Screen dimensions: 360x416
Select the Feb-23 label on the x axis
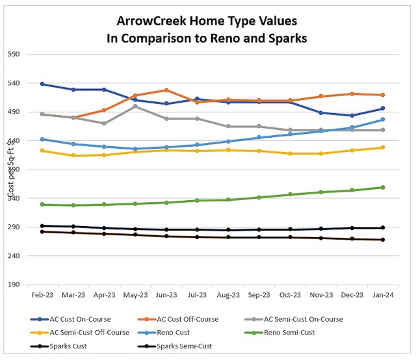[42, 294]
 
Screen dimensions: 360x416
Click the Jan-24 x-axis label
[383, 294]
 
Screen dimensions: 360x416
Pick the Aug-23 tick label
[228, 294]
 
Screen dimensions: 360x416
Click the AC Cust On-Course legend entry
[79, 319]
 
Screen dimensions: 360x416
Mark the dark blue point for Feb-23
[42, 84]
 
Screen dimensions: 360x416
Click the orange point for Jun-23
[166, 90]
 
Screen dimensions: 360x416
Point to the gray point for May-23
[135, 106]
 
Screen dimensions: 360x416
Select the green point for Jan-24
[383, 187]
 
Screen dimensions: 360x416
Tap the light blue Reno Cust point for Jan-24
[383, 120]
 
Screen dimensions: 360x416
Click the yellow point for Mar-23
[73, 155]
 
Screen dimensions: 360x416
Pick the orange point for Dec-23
[352, 94]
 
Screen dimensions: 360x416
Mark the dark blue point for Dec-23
[352, 116]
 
